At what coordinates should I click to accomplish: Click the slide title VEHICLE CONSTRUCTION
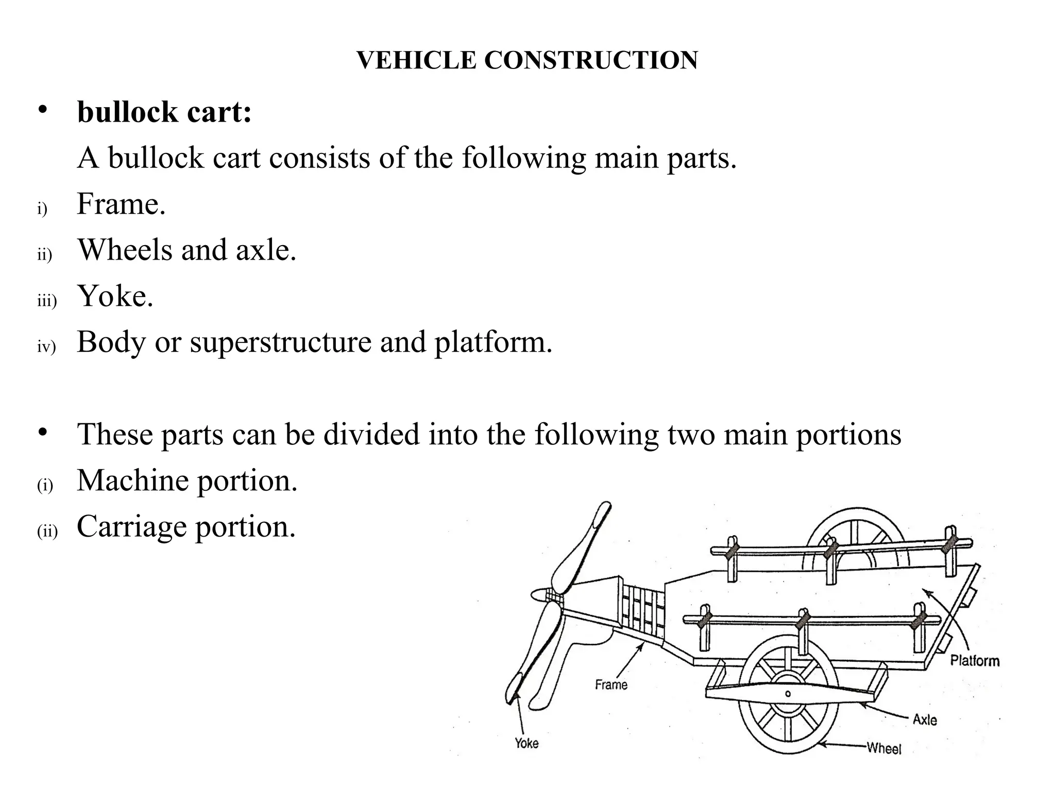[527, 60]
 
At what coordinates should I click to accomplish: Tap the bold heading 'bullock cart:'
[164, 112]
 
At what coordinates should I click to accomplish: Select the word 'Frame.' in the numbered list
[121, 204]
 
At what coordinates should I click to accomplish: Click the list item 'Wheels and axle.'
[186, 250]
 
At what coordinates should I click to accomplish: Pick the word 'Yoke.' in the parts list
[115, 296]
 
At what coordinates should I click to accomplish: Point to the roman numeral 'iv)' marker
[46, 347]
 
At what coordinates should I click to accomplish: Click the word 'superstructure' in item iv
[280, 342]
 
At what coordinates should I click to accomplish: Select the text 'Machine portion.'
[187, 480]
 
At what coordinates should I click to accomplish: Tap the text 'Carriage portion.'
[186, 526]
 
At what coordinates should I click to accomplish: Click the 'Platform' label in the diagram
[974, 661]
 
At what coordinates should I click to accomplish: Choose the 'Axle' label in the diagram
[925, 719]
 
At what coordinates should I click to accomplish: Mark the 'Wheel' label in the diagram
[884, 748]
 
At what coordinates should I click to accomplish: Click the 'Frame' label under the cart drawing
[611, 685]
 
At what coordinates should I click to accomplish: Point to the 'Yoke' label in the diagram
[526, 743]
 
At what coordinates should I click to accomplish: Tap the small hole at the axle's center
[788, 694]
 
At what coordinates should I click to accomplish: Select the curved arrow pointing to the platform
[953, 618]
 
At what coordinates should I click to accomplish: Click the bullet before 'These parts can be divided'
[42, 432]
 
